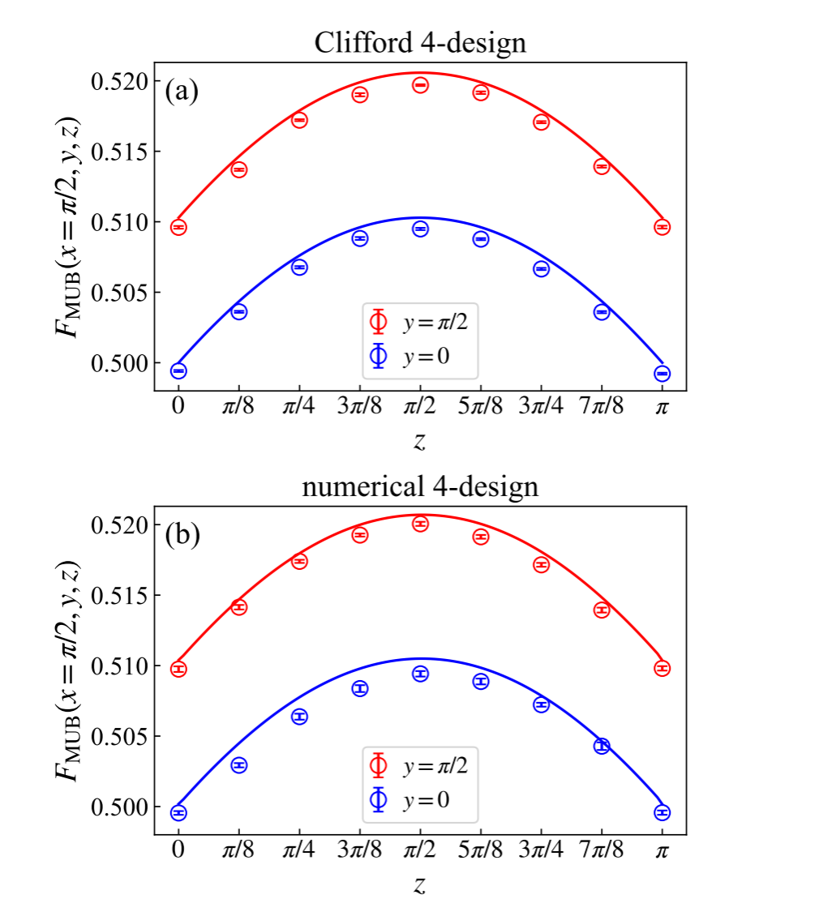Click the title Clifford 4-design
coord(420,44)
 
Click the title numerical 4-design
coord(420,486)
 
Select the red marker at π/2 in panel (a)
coord(420,85)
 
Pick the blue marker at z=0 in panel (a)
coord(178,370)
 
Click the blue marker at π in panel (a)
coord(662,373)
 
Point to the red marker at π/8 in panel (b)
coord(238,607)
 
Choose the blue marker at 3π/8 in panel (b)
coord(360,688)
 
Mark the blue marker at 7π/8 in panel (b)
coord(602,746)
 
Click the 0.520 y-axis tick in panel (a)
coord(122,81)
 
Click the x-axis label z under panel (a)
coord(420,441)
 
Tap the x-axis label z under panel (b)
coord(420,885)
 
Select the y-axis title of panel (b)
coord(69,670)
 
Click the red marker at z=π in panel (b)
coord(662,668)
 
